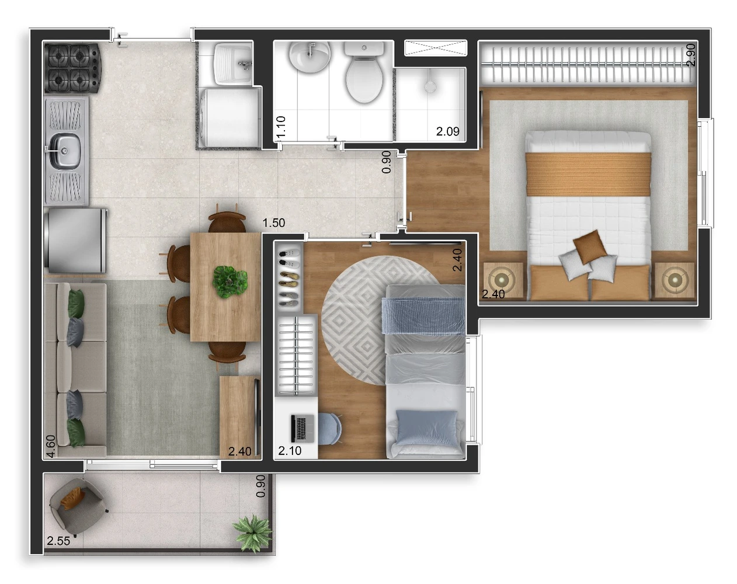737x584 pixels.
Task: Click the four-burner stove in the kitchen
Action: point(73,68)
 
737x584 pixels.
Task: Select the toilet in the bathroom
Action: point(364,72)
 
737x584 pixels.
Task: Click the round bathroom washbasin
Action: point(310,57)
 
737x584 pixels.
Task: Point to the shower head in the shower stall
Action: point(430,86)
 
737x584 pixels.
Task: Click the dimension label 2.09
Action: point(447,131)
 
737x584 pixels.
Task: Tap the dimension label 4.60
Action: point(51,446)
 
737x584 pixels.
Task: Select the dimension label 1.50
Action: point(274,223)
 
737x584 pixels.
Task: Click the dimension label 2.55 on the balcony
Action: point(58,541)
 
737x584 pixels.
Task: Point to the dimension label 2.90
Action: point(691,54)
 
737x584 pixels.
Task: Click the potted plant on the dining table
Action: point(230,282)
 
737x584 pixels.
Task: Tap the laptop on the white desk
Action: point(303,428)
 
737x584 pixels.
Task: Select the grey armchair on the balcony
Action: point(78,506)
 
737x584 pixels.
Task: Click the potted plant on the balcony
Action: point(252,533)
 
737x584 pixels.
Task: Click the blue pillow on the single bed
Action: point(427,428)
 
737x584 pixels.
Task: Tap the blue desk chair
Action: point(329,429)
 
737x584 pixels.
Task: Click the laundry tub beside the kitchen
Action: point(233,64)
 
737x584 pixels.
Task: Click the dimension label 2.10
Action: point(290,451)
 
